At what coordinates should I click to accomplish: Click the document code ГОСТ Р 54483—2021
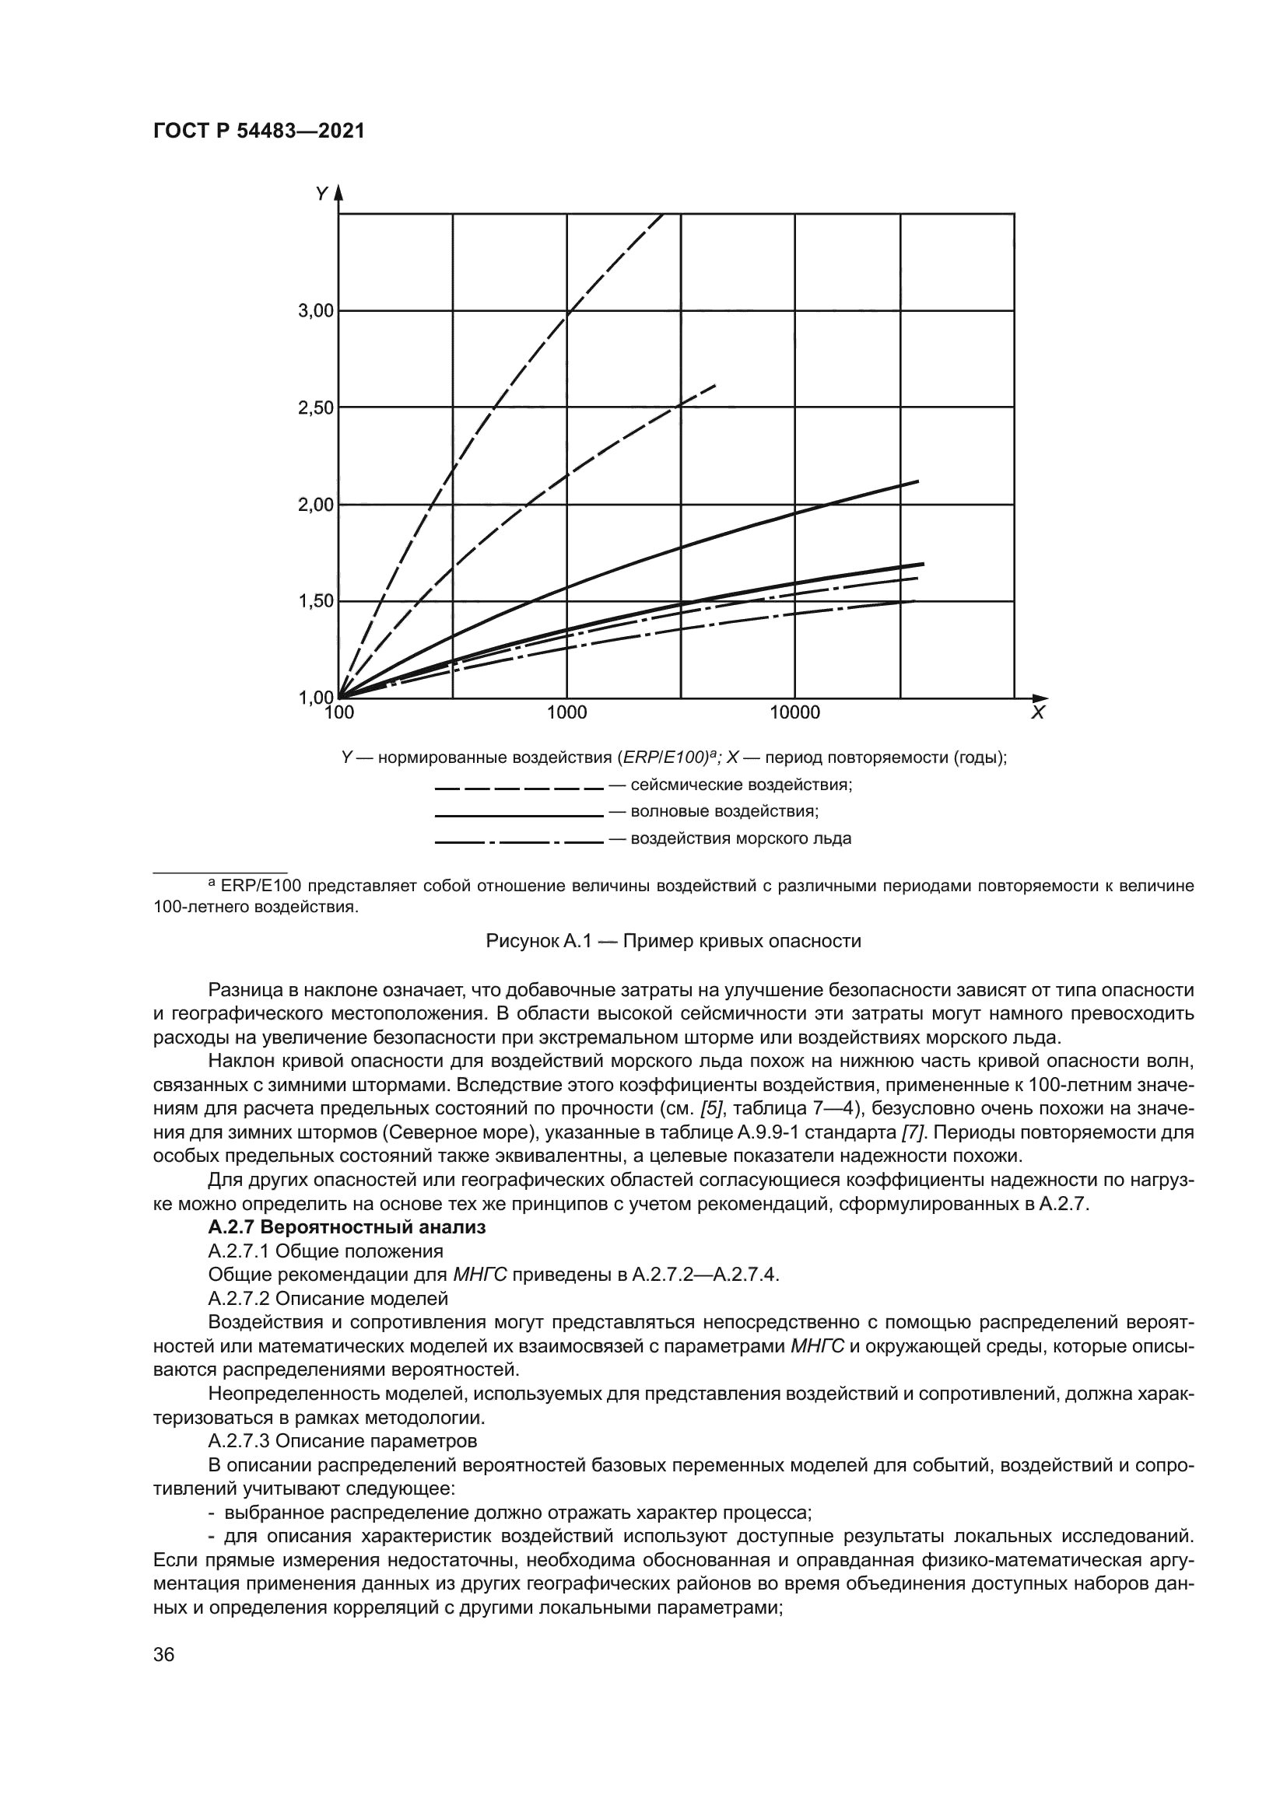pyautogui.click(x=258, y=131)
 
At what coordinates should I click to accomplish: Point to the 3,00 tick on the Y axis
pyautogui.click(x=315, y=311)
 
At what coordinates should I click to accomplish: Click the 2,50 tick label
pyautogui.click(x=315, y=409)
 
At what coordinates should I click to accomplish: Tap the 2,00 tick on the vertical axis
pyautogui.click(x=315, y=505)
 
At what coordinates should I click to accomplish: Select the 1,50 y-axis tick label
pyautogui.click(x=315, y=602)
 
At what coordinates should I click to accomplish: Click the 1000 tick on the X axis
pyautogui.click(x=566, y=713)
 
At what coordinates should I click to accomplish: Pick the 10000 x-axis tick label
pyautogui.click(x=795, y=713)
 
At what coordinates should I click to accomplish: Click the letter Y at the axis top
pyautogui.click(x=321, y=194)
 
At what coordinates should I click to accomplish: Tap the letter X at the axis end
pyautogui.click(x=1037, y=713)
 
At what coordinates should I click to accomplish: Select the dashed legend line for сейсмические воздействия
pyautogui.click(x=519, y=789)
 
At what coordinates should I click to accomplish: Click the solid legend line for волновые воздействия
pyautogui.click(x=519, y=815)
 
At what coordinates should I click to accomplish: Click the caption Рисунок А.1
pyautogui.click(x=673, y=941)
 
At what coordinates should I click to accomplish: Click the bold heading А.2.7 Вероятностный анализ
pyautogui.click(x=346, y=1228)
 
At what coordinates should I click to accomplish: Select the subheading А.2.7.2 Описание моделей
pyautogui.click(x=328, y=1299)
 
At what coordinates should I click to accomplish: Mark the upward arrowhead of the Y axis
pyautogui.click(x=338, y=193)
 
